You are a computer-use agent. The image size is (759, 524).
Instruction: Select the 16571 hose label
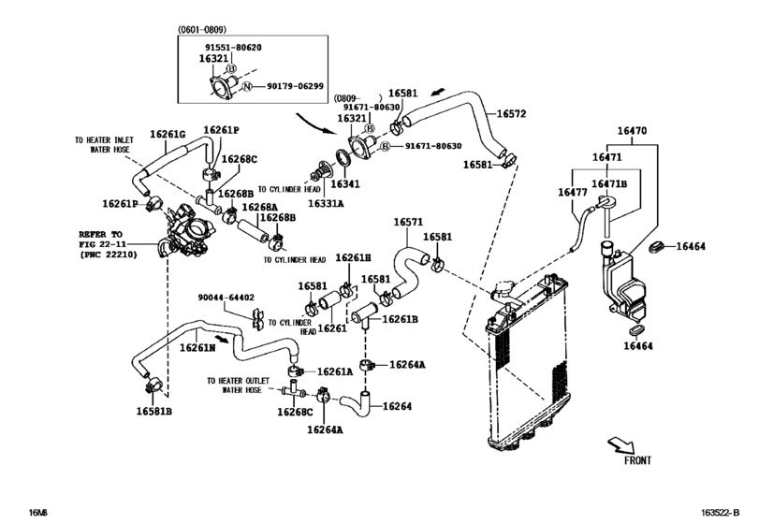(408, 223)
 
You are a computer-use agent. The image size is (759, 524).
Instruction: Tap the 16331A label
(328, 202)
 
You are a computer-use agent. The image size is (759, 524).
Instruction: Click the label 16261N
(197, 346)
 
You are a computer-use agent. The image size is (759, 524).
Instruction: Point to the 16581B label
(153, 410)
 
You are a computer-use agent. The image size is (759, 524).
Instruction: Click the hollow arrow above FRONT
(619, 441)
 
